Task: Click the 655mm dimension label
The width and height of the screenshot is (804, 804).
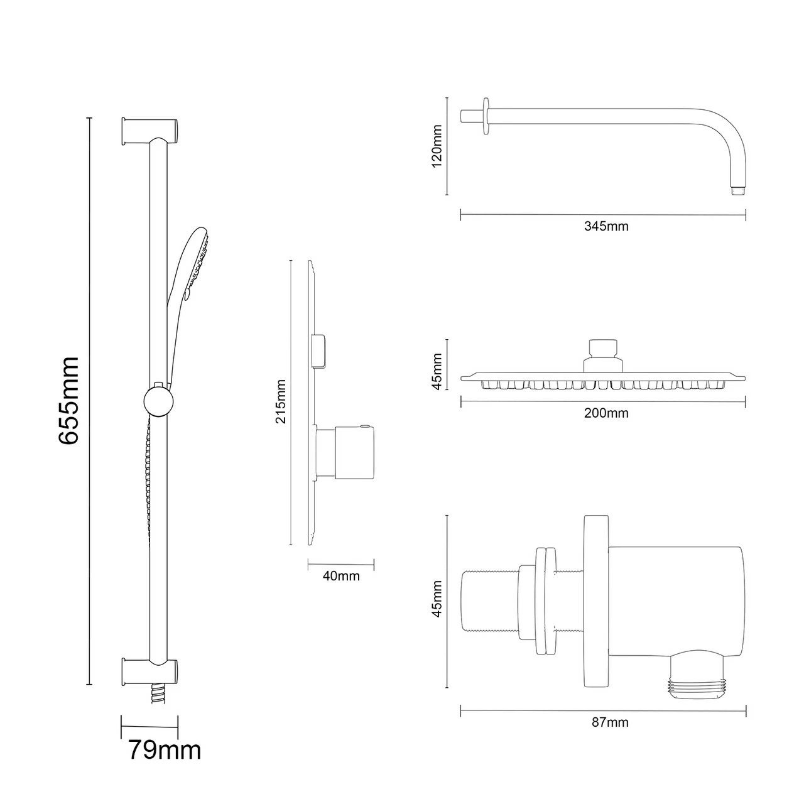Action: tap(68, 401)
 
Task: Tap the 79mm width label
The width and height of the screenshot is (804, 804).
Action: tap(165, 749)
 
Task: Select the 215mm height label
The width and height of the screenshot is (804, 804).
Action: tap(281, 401)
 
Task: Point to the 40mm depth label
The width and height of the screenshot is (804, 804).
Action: tap(340, 575)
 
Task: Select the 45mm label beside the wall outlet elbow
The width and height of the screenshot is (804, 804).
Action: tap(438, 600)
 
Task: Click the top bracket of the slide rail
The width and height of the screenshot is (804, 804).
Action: tap(151, 130)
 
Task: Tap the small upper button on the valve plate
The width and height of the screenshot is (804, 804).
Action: tap(320, 350)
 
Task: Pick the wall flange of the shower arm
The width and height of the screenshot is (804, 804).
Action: tap(485, 116)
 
